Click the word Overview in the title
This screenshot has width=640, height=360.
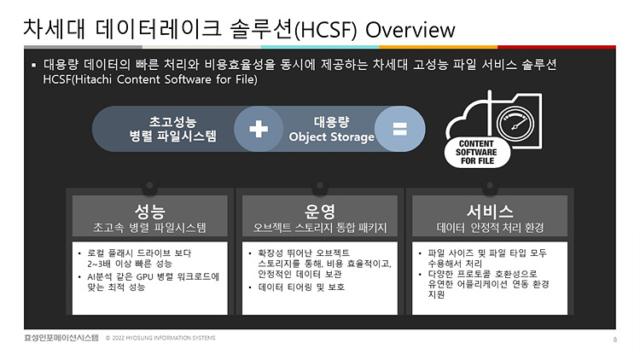click(x=410, y=30)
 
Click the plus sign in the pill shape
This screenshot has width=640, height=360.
click(x=259, y=129)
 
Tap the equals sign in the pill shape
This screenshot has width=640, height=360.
click(x=399, y=129)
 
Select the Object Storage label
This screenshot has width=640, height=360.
click(x=332, y=136)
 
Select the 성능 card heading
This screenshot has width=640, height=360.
click(x=150, y=211)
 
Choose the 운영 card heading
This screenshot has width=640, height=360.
click(x=320, y=211)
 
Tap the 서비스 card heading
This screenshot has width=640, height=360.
click(x=490, y=211)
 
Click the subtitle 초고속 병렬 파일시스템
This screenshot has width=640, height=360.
click(x=150, y=228)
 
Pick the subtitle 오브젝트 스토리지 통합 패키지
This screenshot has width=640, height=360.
click(x=320, y=228)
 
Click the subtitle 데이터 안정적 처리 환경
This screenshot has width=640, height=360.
click(x=490, y=228)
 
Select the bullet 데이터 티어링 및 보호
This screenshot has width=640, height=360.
click(x=303, y=287)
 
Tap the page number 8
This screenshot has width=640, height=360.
click(x=614, y=339)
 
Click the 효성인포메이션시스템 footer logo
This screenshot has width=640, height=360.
click(x=61, y=339)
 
